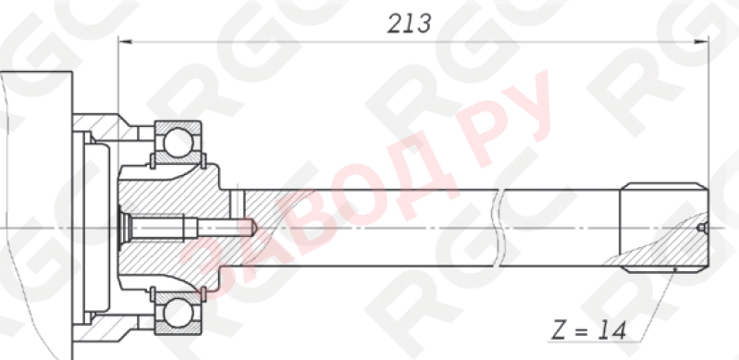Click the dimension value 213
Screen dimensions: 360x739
click(410, 22)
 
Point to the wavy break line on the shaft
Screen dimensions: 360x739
click(500, 227)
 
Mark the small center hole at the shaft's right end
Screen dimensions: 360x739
click(702, 227)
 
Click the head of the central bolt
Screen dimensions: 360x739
click(126, 226)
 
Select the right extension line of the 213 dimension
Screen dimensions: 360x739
click(708, 111)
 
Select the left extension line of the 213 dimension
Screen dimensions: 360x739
click(118, 83)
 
